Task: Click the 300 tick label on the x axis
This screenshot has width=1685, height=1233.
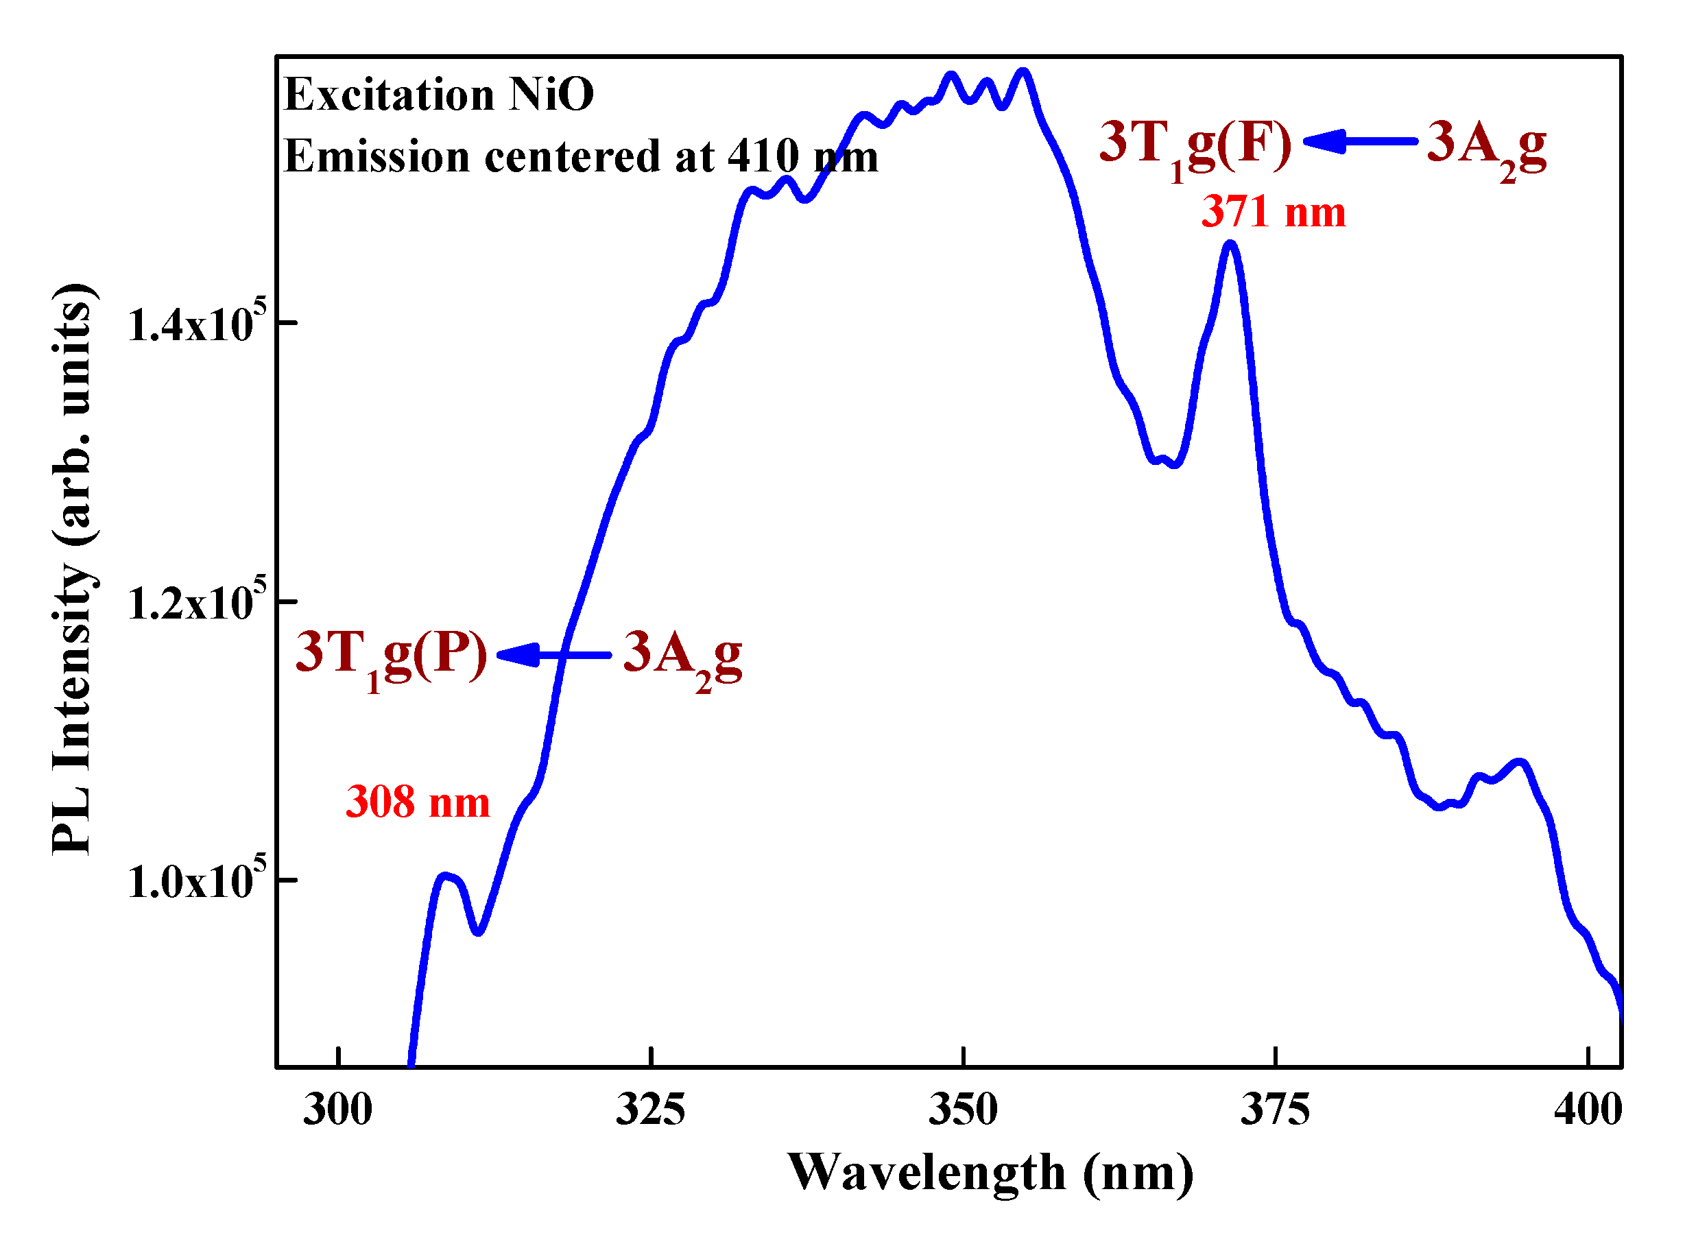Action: click(x=337, y=1110)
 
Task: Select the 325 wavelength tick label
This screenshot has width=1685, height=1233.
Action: click(x=650, y=1110)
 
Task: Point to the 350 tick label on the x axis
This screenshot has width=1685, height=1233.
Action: click(x=963, y=1110)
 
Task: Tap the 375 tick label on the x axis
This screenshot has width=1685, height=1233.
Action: click(x=1276, y=1110)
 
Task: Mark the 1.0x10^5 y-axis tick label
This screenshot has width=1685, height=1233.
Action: click(x=195, y=881)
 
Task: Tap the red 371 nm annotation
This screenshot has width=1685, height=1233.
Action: click(x=1273, y=212)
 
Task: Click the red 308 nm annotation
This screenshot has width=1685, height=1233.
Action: click(x=417, y=802)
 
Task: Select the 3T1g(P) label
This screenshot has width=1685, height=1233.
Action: click(x=390, y=656)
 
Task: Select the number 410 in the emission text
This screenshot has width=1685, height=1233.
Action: click(x=763, y=157)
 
